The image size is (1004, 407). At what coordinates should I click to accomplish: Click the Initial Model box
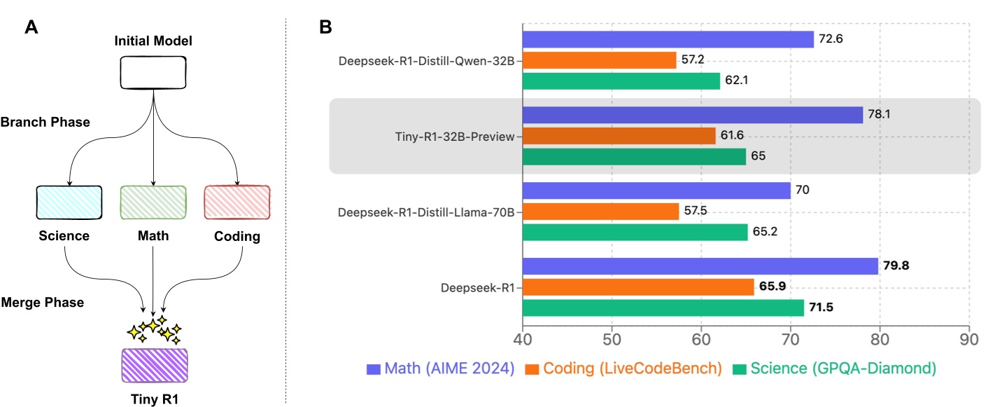[x=153, y=72]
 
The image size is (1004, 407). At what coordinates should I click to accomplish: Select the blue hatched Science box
[x=69, y=202]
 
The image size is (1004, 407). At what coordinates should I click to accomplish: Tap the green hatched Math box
[x=153, y=202]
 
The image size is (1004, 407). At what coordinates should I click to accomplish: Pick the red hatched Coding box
[x=237, y=202]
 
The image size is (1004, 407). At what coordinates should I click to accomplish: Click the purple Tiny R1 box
[x=154, y=365]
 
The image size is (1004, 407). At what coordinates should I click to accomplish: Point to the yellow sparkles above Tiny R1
[x=154, y=329]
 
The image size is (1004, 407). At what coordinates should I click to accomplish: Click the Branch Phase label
[x=45, y=122]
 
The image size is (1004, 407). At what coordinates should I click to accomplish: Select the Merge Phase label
[x=43, y=303]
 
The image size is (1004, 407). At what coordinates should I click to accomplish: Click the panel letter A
[x=31, y=28]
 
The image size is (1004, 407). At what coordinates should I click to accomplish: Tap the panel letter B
[x=325, y=28]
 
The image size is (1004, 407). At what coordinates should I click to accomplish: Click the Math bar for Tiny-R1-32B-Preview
[x=693, y=114]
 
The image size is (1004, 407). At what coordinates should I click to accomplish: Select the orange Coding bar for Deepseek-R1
[x=638, y=287]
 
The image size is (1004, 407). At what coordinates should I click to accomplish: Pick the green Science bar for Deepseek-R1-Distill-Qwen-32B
[x=621, y=81]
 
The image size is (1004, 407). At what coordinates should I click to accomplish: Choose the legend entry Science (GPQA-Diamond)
[x=835, y=368]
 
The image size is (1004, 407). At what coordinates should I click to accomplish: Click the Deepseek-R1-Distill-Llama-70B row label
[x=427, y=212]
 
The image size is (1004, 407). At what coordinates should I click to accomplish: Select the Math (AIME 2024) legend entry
[x=440, y=368]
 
